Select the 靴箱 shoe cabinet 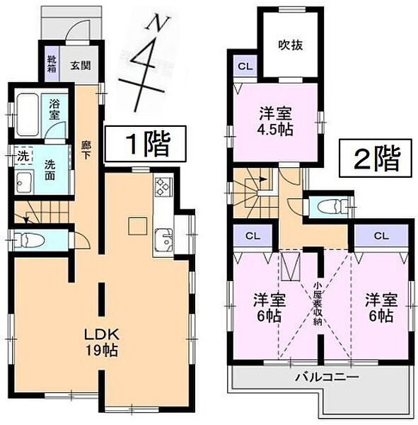click(52, 64)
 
